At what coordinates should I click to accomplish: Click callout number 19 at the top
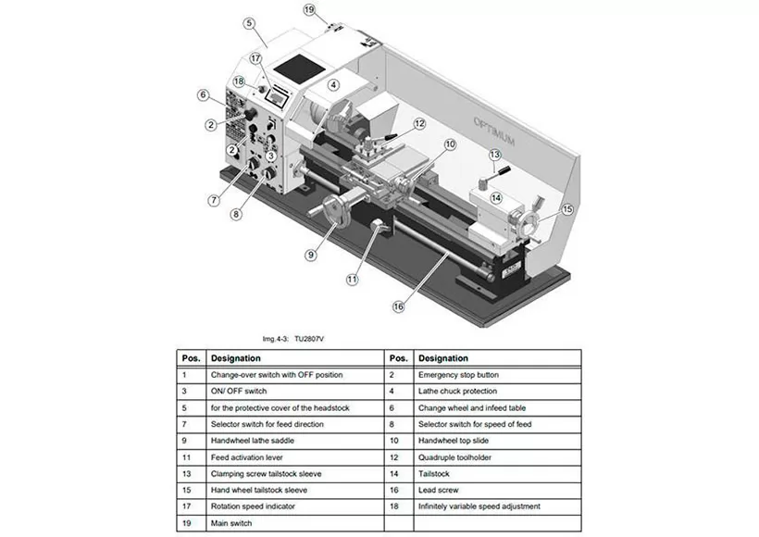pos(309,9)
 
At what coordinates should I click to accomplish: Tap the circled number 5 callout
pos(249,23)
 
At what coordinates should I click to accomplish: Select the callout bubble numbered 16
pos(398,306)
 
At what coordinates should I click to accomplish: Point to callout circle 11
pos(352,280)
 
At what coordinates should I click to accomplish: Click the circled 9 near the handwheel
pos(311,255)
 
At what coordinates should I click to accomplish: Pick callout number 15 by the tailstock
pos(567,209)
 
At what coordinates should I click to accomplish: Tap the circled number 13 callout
pos(494,155)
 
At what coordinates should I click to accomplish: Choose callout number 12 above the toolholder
pos(419,123)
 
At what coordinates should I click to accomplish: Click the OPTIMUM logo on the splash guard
pos(494,131)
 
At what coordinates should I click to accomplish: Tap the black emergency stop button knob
pos(250,114)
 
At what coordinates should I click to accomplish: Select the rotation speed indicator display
pos(278,98)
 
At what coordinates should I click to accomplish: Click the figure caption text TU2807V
pos(309,339)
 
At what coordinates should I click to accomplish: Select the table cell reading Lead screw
pos(438,490)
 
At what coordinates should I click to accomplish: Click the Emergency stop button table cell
pos(458,375)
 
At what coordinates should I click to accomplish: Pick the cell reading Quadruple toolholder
pos(454,457)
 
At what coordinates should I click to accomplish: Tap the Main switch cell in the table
pos(231,523)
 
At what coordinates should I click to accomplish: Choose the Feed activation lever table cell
pos(247,457)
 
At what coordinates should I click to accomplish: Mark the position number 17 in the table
pos(187,506)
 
